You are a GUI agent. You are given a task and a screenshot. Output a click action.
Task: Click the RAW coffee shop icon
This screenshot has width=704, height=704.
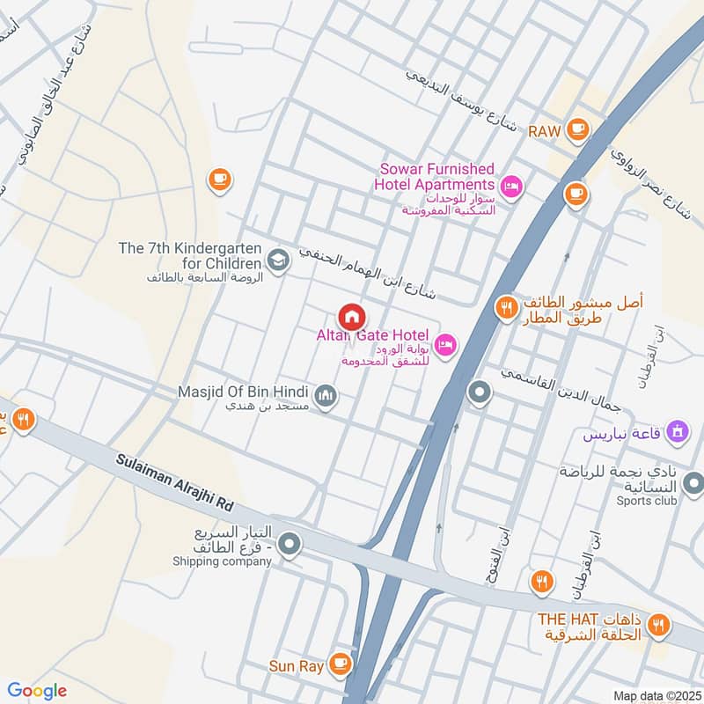577,130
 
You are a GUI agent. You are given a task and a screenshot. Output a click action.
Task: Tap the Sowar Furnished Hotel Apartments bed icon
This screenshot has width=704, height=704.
510,186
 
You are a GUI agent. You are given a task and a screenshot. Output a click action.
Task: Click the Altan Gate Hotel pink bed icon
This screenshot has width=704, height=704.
446,342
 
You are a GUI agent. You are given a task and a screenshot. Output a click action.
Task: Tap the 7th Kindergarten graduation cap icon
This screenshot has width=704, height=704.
278,260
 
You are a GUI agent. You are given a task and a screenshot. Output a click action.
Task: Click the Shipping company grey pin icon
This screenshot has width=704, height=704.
290,546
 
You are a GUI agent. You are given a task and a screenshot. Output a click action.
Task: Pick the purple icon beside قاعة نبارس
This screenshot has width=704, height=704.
678,430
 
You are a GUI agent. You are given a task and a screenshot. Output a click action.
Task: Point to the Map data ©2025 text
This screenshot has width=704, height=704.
655,695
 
